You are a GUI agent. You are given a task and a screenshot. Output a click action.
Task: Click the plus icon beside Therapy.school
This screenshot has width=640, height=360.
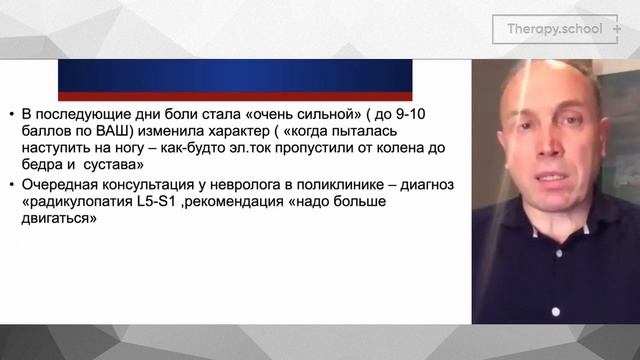(617, 29)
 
